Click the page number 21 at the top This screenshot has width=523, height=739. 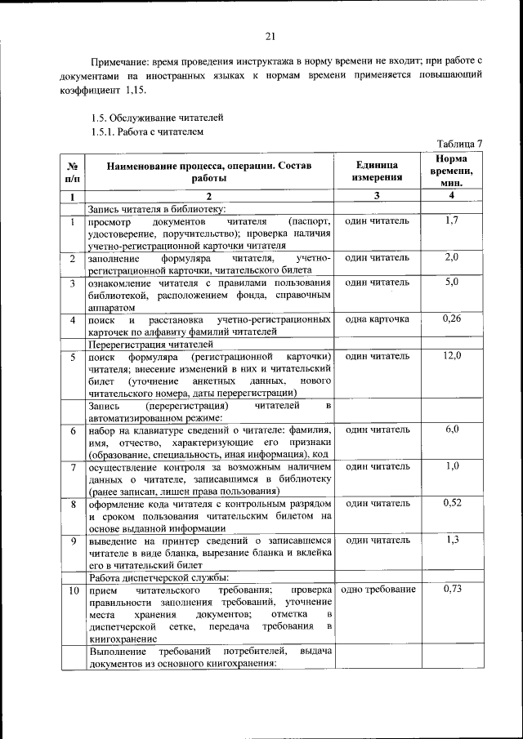click(270, 35)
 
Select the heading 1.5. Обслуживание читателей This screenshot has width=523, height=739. click(157, 118)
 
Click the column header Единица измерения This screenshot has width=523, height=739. click(377, 171)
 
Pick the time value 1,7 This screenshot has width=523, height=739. click(451, 220)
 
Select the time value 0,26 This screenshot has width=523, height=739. click(451, 318)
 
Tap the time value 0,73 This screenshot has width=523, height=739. click(451, 588)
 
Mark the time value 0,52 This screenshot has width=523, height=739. click(451, 503)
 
